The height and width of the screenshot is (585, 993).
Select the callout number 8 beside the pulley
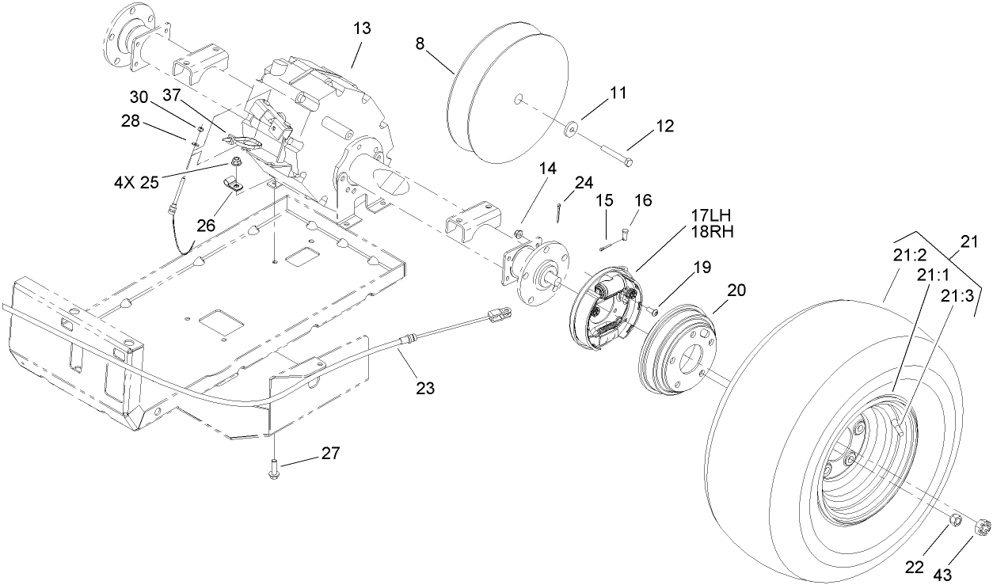pyautogui.click(x=420, y=43)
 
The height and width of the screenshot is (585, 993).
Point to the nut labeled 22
pyautogui.click(x=956, y=520)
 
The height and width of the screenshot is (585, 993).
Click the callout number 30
pyautogui.click(x=139, y=97)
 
